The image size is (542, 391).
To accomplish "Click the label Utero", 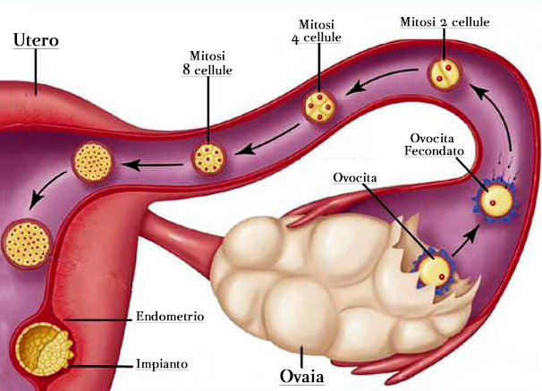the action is coord(36,39).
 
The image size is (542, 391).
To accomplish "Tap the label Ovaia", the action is coord(301,376).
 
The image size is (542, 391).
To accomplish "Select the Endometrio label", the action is coord(170,316).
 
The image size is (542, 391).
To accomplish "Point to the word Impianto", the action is coord(162,363).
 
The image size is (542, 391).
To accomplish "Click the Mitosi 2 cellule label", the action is coord(445,21).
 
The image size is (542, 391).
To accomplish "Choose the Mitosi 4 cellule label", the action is coord(317,30).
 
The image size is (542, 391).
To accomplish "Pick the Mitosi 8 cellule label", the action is coord(207,63).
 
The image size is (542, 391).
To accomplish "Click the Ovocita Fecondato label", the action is coord(434,145).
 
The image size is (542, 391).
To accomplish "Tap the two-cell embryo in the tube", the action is coord(445,74).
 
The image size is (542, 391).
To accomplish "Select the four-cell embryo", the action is coord(319,106).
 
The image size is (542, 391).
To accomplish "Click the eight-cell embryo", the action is coord(208,158).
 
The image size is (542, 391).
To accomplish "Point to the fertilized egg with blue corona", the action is coord(495,200).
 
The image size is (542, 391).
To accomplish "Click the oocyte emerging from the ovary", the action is coord(434,270).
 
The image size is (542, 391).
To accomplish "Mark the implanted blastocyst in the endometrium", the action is coord(43,349).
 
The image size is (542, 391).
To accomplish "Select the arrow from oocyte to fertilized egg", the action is coord(466,241).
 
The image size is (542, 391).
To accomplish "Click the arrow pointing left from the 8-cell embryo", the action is coord(152,165).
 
